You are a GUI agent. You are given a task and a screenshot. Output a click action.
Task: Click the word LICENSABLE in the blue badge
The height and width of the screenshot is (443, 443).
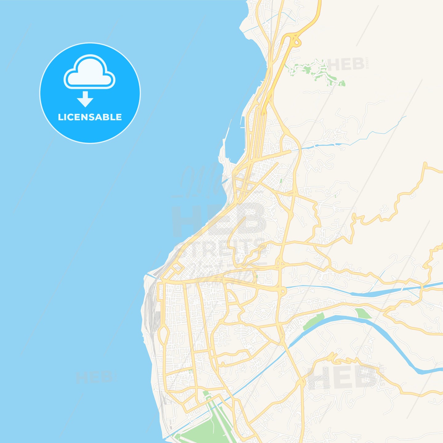point(90,117)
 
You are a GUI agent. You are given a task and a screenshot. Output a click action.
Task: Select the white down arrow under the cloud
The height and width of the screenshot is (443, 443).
point(85,99)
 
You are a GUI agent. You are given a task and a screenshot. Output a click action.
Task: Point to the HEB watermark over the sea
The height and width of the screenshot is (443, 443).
point(94,377)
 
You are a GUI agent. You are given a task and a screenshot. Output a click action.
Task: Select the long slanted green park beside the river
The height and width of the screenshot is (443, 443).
point(313,321)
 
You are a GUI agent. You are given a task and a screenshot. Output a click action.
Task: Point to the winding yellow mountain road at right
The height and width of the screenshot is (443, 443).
point(397,200)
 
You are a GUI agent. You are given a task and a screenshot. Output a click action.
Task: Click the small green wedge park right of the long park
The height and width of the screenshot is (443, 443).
point(363,313)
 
